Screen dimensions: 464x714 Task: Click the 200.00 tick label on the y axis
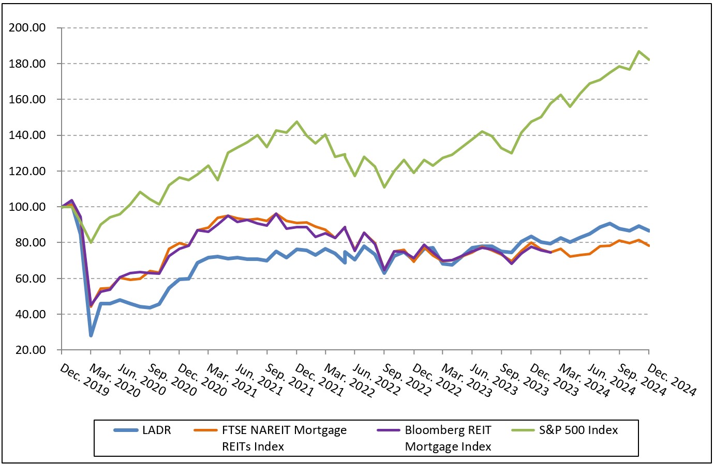pyautogui.click(x=27, y=28)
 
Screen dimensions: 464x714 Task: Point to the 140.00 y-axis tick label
pyautogui.click(x=27, y=135)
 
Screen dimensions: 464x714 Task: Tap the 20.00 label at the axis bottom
pyautogui.click(x=30, y=350)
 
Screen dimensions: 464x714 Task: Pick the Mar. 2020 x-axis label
pyautogui.click(x=114, y=380)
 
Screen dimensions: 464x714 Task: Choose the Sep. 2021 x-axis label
pyautogui.click(x=290, y=380)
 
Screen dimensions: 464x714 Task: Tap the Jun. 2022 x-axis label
pyautogui.click(x=378, y=380)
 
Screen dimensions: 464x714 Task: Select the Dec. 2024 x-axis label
pyautogui.click(x=672, y=380)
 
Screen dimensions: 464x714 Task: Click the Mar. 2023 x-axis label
pyautogui.click(x=466, y=380)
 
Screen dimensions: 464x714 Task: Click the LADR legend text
pyautogui.click(x=156, y=430)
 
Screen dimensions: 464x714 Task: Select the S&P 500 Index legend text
pyautogui.click(x=578, y=430)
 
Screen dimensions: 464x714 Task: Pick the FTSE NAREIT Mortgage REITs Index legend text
pyautogui.click(x=284, y=438)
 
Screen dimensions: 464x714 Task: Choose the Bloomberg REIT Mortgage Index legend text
pyautogui.click(x=448, y=438)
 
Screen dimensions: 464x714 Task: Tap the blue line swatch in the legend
pyautogui.click(x=126, y=430)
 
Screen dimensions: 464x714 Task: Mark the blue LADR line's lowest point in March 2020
pyautogui.click(x=91, y=335)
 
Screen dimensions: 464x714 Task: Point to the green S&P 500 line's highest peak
pyautogui.click(x=639, y=51)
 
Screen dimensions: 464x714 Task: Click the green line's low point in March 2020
pyautogui.click(x=91, y=242)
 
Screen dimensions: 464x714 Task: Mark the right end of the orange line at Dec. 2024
pyautogui.click(x=649, y=245)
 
